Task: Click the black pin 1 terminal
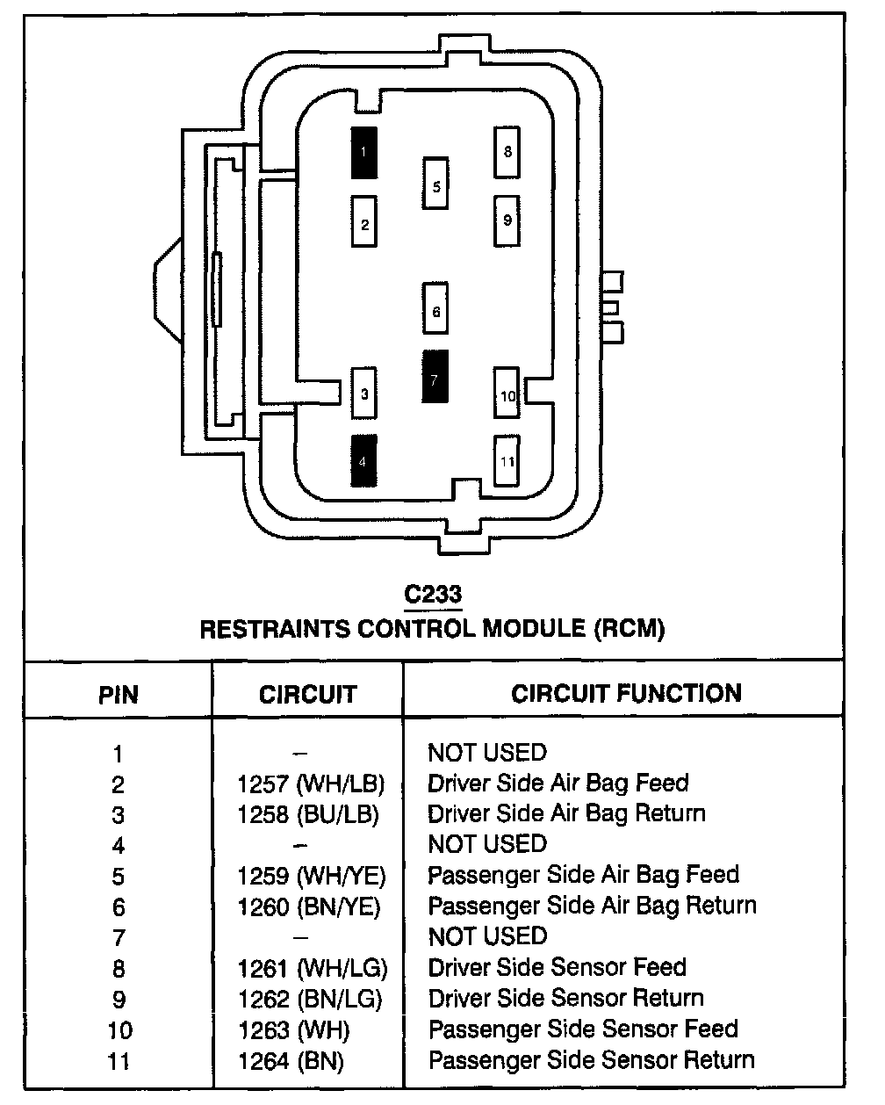click(x=364, y=153)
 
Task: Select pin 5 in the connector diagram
click(x=435, y=184)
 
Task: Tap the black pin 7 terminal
click(x=435, y=377)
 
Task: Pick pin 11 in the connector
click(x=507, y=460)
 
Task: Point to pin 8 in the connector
click(x=507, y=152)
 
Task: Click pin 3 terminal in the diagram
click(x=364, y=394)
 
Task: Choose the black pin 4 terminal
click(x=364, y=460)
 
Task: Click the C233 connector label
click(x=433, y=595)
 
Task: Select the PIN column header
click(x=119, y=695)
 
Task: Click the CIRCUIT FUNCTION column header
click(x=626, y=693)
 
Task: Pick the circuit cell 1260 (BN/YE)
click(x=310, y=906)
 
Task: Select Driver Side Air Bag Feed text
click(x=558, y=783)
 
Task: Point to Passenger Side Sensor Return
click(x=591, y=1060)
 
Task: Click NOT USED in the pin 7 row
click(x=487, y=936)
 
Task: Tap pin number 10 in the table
click(x=119, y=1029)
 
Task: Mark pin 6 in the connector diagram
click(x=435, y=308)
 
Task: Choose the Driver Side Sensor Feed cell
click(x=557, y=967)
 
